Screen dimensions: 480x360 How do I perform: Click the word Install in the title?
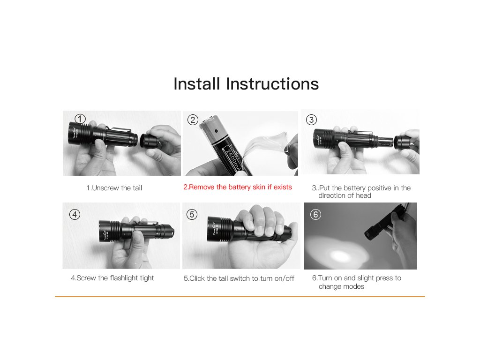pyautogui.click(x=197, y=83)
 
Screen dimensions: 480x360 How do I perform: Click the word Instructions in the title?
pyautogui.click(x=272, y=83)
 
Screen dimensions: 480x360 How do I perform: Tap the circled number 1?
pyautogui.click(x=80, y=119)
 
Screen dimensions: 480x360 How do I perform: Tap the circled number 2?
pyautogui.click(x=193, y=120)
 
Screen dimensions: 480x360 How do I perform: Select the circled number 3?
pyautogui.click(x=312, y=120)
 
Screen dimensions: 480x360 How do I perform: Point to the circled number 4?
pyautogui.click(x=75, y=214)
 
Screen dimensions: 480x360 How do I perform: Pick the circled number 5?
pyautogui.click(x=192, y=214)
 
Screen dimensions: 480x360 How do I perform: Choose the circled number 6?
pyautogui.click(x=315, y=214)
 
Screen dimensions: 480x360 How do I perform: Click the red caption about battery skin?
pyautogui.click(x=238, y=187)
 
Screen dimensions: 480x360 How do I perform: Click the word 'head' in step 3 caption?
pyautogui.click(x=363, y=195)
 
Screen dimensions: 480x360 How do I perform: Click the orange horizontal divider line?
pyautogui.click(x=240, y=297)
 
